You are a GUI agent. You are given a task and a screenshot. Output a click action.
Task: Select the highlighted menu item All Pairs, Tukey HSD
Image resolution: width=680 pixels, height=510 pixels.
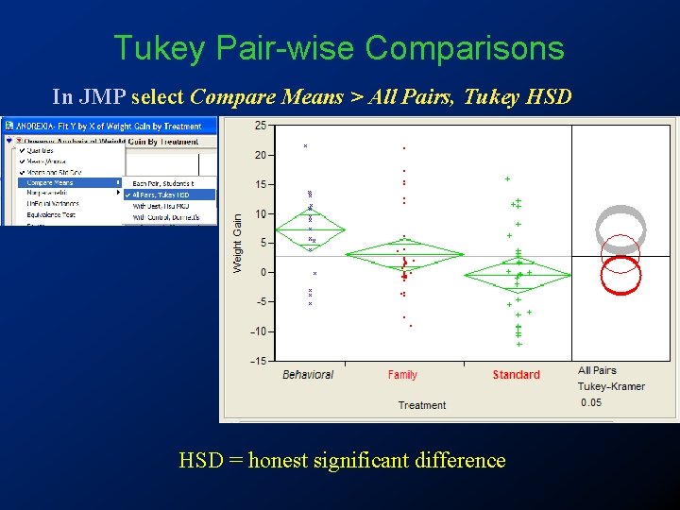pos(162,195)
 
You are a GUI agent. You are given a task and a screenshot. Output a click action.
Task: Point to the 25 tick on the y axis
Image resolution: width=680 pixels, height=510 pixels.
pos(260,126)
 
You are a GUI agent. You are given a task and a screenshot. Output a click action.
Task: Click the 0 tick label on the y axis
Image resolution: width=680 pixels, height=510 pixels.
pos(263,273)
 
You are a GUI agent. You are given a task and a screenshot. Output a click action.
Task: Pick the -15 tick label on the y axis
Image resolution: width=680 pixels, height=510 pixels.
pos(257,361)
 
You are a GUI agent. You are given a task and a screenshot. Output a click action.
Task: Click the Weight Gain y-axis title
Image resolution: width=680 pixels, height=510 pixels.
pos(238,244)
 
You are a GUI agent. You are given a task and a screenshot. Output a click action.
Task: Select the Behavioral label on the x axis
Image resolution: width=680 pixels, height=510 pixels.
pos(308,375)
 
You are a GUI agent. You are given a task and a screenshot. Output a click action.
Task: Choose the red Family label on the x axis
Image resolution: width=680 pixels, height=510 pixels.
pos(402,375)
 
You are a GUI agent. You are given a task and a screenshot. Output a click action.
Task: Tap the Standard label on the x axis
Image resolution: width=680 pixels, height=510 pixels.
pos(516,375)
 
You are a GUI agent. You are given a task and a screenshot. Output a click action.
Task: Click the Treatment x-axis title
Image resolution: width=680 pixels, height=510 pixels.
pos(421,405)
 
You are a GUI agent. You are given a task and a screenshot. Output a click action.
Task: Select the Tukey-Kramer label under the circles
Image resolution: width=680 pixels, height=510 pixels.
pos(611,387)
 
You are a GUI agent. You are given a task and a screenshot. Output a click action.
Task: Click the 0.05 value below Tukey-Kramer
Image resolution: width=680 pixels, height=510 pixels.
pos(590,402)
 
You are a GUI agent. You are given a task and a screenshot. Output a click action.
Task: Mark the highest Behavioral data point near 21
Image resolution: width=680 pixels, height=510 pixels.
pos(305,146)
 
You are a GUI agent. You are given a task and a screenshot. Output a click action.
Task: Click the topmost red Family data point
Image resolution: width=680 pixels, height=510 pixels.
pos(404,148)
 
